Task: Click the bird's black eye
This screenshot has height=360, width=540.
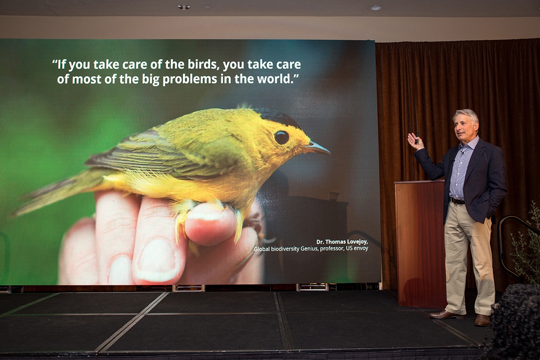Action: click(281, 137)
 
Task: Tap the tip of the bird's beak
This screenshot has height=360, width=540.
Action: click(328, 150)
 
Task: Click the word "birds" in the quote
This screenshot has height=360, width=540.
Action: click(201, 65)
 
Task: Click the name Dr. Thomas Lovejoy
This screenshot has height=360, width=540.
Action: click(342, 241)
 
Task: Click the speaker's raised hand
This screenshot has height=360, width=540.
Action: click(414, 141)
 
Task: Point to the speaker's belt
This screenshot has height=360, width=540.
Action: click(457, 201)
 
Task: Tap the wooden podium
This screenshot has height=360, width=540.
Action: click(419, 240)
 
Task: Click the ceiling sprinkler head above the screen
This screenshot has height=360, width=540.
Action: click(184, 7)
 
